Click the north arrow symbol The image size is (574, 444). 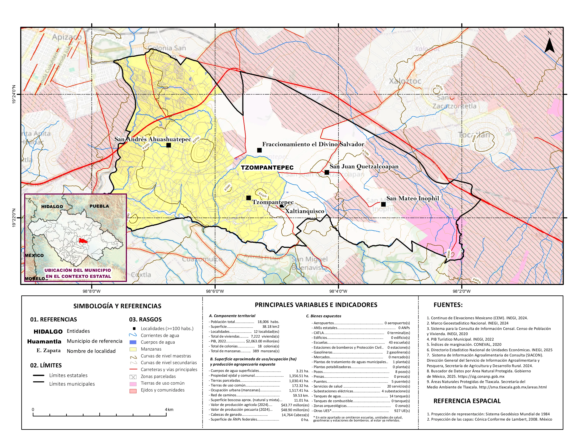pyautogui.click(x=549, y=45)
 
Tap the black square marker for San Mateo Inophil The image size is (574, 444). pyautogui.click(x=383, y=204)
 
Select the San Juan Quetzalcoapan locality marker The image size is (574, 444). pyautogui.click(x=327, y=172)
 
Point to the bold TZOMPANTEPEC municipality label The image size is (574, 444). pyautogui.click(x=267, y=168)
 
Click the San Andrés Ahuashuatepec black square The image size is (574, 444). pyautogui.click(x=169, y=145)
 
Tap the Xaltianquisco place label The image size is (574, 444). pyautogui.click(x=305, y=211)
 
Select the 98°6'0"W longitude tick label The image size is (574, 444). pyautogui.click(x=215, y=291)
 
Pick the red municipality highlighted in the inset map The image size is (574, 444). pyautogui.click(x=83, y=241)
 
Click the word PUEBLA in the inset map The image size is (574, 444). pyautogui.click(x=99, y=206)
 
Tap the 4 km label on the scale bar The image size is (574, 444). pyautogui.click(x=169, y=410)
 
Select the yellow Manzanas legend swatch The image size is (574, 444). pyautogui.click(x=133, y=349)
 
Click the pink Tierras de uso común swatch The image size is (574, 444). pyautogui.click(x=133, y=383)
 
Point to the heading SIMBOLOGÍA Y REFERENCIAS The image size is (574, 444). pyautogui.click(x=117, y=306)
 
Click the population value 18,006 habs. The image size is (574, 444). pyautogui.click(x=268, y=322)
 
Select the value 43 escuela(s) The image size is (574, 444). pyautogui.click(x=399, y=342)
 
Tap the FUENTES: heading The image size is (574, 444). pyautogui.click(x=448, y=305)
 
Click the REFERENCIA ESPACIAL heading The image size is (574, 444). pyautogui.click(x=467, y=401)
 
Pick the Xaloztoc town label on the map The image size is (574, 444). pyautogui.click(x=405, y=81)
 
